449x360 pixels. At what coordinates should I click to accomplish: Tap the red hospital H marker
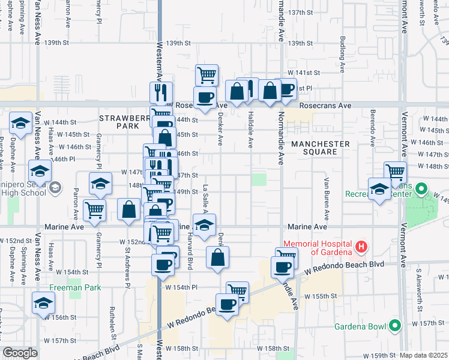point(361,246)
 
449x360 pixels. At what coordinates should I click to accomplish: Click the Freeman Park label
point(74,287)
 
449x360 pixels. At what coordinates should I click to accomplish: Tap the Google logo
point(20,353)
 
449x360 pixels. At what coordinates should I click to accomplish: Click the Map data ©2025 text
point(424,355)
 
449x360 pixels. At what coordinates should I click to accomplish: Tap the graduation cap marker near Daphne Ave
point(21,124)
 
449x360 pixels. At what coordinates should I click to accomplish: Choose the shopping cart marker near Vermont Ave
point(395,172)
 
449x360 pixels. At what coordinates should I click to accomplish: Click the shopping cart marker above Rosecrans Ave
point(206,75)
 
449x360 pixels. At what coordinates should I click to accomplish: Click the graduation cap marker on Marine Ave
point(205,224)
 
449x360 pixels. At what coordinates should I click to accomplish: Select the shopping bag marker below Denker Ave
point(218,257)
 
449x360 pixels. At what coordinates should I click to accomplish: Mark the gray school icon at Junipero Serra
point(55,188)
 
